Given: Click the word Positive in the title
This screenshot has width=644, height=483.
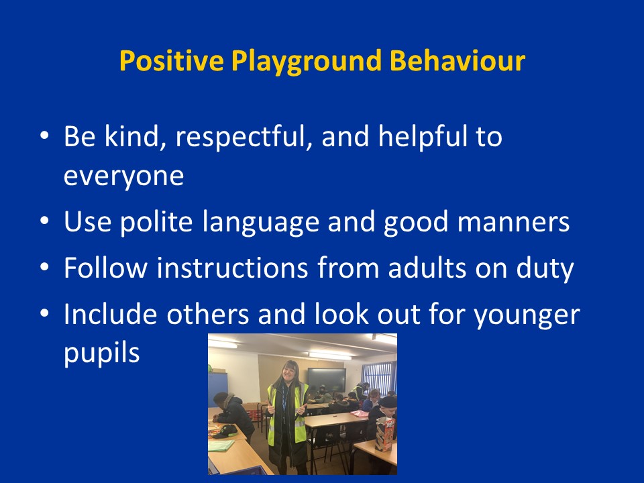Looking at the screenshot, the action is tap(171, 60).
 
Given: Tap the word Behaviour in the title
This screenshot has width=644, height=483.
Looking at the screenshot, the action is tap(457, 60).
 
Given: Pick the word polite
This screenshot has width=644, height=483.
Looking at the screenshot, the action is tap(156, 222).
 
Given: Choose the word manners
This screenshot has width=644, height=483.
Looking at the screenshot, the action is tap(513, 223).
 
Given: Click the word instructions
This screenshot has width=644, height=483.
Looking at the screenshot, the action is tap(232, 268).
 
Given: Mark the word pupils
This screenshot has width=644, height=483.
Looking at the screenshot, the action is tap(102, 354).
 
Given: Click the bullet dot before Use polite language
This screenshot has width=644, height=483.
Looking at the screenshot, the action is tap(44, 221).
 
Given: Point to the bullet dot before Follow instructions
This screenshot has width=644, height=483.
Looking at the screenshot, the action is tap(44, 266).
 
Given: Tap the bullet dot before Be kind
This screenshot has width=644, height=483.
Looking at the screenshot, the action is tap(44, 135).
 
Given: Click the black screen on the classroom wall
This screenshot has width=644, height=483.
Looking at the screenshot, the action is tap(327, 380).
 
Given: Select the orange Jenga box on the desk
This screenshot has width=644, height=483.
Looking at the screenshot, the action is tap(384, 434).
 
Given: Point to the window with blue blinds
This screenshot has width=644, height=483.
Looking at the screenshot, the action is tap(378, 378).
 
